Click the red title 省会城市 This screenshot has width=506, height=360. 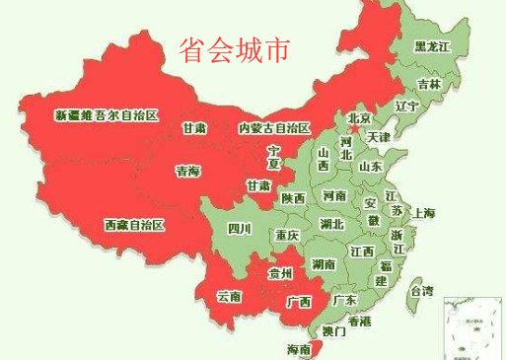[235, 49]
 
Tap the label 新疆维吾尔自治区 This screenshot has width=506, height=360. [107, 115]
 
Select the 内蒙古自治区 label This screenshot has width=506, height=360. [274, 128]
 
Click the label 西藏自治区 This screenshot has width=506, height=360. [134, 225]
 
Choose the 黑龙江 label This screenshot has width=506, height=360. [432, 46]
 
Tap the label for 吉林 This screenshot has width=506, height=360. [429, 84]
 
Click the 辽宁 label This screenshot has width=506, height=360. [406, 106]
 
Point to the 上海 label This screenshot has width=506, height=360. [424, 213]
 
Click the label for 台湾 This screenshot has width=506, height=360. [421, 292]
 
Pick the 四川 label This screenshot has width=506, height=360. [239, 229]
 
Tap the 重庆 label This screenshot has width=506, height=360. [288, 236]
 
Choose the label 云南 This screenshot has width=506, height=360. [230, 296]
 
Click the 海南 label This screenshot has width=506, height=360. [299, 349]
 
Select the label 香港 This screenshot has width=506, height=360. [360, 323]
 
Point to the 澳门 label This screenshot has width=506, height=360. [334, 332]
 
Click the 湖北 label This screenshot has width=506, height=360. [332, 224]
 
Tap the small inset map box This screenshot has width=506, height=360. [472, 324]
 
